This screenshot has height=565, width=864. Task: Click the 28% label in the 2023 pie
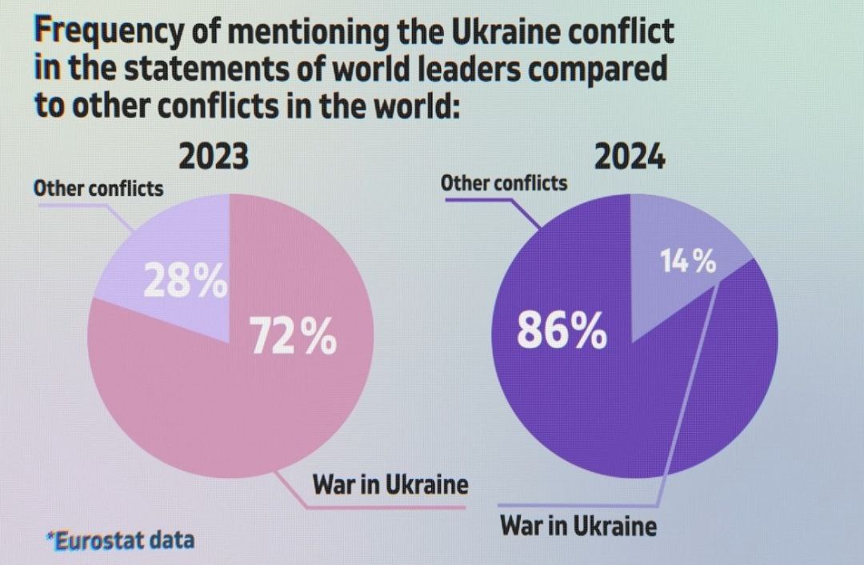tap(185, 282)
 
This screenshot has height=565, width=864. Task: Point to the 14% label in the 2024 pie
tap(687, 261)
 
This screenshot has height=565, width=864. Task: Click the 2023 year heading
tap(213, 157)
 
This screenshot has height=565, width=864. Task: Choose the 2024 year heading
tap(630, 157)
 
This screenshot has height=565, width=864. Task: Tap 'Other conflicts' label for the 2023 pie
tap(98, 190)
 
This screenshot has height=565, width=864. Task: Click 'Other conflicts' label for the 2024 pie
tap(504, 183)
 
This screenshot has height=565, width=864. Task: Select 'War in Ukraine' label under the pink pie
tap(390, 484)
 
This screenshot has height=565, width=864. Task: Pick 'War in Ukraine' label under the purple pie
tap(578, 526)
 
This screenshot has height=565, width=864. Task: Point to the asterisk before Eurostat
tap(50, 535)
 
